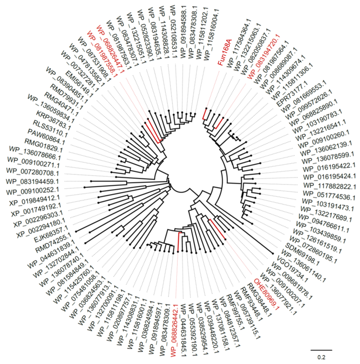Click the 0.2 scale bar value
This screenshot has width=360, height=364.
click(321, 357)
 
